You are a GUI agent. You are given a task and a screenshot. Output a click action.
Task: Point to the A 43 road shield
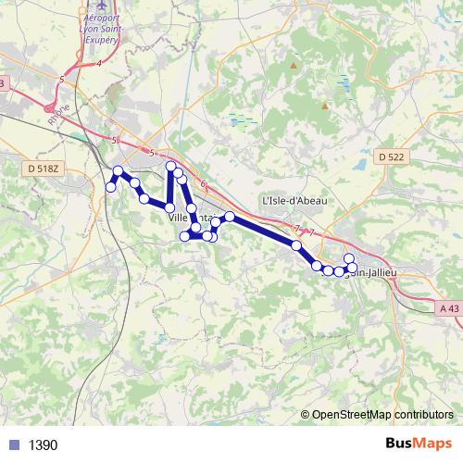point(449,308)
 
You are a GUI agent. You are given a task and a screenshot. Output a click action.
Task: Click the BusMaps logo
point(419,444)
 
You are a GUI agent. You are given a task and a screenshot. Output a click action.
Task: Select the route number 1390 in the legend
point(44,445)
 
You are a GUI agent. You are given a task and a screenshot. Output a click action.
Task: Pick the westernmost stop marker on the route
point(111,187)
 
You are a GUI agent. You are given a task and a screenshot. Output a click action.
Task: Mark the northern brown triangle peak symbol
point(294,66)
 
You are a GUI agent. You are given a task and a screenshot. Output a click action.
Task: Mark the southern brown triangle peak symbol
point(325,106)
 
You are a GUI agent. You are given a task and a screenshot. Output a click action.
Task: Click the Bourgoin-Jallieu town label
point(366,271)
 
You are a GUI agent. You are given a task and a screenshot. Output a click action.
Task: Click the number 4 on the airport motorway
point(98,64)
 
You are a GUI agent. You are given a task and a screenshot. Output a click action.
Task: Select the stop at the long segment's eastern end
point(296,245)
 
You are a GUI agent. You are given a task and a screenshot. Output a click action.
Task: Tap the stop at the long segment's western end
point(230,217)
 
